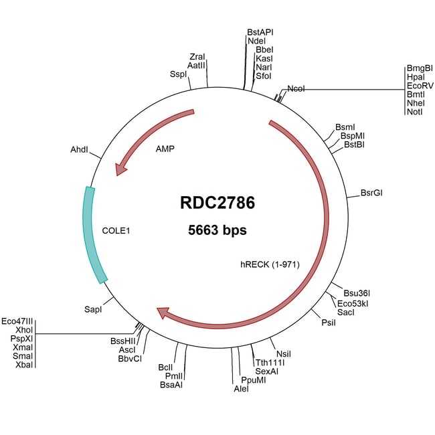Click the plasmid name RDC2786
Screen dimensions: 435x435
click(217, 203)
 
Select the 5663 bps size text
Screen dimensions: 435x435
click(217, 230)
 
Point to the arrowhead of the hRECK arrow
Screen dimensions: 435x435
click(163, 313)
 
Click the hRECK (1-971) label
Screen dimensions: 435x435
click(270, 264)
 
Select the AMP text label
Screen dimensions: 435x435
click(165, 149)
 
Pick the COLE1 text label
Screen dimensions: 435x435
click(116, 230)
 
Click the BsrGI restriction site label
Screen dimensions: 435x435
click(371, 193)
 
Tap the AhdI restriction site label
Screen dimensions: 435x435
click(79, 149)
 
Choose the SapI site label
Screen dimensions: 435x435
click(93, 309)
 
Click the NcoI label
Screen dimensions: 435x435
click(296, 89)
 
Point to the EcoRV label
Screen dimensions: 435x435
click(420, 86)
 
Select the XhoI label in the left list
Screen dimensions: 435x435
click(24, 330)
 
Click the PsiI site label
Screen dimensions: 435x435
click(329, 323)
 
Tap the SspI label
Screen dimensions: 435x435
click(179, 74)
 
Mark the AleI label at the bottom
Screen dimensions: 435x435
click(241, 389)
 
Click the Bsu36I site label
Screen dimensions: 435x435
click(357, 293)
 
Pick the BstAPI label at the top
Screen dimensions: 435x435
click(260, 32)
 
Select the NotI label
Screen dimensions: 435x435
click(415, 112)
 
